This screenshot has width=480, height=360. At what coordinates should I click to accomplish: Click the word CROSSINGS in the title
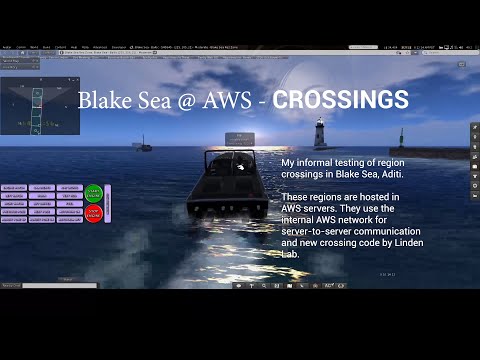tap(340, 101)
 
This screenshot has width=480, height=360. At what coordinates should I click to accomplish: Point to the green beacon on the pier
tap(402, 139)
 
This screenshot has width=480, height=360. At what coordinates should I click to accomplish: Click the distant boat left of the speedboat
tap(145, 144)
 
